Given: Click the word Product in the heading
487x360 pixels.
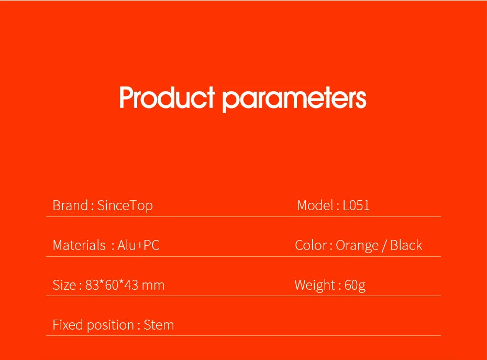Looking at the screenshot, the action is pos(167,97).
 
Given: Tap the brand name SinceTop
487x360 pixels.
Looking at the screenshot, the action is pos(125,206).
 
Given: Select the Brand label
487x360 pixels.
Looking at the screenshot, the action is pos(70,205).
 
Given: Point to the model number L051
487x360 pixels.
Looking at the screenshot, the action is pos(356,205).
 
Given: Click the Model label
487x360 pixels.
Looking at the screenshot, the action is pos(315,205).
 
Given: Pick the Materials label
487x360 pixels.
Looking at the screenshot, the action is pos(79,245).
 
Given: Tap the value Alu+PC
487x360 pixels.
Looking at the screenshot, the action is pos(138,245).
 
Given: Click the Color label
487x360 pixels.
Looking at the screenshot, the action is pos(311,245).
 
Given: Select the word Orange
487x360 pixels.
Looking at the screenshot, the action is pos(357,246).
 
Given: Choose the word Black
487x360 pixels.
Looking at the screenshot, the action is pos(406,245).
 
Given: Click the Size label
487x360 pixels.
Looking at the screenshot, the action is pos(64,286).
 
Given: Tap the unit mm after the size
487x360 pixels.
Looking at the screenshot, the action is pos(153,286).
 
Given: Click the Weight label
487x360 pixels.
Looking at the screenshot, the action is pos(315,286).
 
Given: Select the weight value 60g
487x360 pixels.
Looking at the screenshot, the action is pos(355,286).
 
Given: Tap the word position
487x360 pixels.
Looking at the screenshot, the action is pos(110,325).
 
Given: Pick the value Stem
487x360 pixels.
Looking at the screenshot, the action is pos(159,325).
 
